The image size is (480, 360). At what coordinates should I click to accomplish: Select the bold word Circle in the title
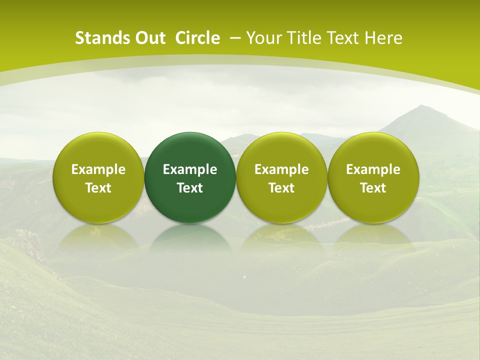[x=197, y=38]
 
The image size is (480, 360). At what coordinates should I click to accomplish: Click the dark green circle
[x=190, y=150]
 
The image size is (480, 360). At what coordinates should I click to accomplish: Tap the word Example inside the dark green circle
[x=190, y=169]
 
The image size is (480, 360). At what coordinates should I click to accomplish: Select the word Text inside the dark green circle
[x=190, y=188]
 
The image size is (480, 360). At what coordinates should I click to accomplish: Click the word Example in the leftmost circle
[x=98, y=169]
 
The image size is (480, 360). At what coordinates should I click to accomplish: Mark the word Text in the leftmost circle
[x=98, y=188]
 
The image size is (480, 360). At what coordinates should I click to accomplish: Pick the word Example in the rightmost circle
[x=373, y=169]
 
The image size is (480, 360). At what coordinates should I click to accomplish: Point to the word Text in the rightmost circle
[x=373, y=188]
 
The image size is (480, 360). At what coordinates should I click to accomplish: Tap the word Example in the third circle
[x=281, y=169]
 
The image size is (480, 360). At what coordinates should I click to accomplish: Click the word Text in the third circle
[x=281, y=188]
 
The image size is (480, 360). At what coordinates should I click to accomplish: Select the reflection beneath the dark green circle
[x=190, y=237]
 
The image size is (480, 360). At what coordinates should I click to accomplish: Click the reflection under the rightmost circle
[x=373, y=237]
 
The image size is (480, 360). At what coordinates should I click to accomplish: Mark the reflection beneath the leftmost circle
[x=98, y=237]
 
